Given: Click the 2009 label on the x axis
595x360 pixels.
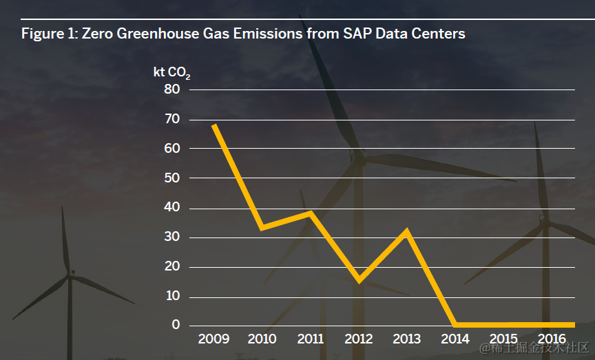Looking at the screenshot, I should click(213, 339).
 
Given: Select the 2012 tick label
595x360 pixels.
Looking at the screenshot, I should click(358, 339).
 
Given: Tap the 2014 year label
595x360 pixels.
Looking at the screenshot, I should click(455, 339).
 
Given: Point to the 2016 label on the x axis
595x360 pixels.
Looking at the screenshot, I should click(552, 339).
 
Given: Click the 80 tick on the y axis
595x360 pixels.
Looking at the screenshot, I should click(171, 89).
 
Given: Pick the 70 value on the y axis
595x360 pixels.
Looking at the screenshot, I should click(171, 119).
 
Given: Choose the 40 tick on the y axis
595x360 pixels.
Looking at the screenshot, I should click(171, 208).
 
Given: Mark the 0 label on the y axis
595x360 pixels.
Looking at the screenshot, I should click(176, 325).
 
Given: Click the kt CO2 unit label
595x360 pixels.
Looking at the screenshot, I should click(171, 72).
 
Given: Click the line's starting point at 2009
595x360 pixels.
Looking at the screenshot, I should click(214, 125).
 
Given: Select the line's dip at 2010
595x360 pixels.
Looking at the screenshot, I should click(262, 226).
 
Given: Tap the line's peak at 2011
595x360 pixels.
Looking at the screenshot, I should click(311, 213).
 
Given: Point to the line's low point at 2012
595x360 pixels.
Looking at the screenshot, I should click(359, 280).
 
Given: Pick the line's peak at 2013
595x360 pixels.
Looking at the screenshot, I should click(407, 231).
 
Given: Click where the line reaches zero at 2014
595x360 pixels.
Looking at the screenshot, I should click(455, 324).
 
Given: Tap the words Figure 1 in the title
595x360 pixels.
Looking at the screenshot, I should click(49, 33).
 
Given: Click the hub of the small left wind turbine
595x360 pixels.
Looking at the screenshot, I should click(70, 275).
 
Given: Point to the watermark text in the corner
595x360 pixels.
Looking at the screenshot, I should click(535, 348).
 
